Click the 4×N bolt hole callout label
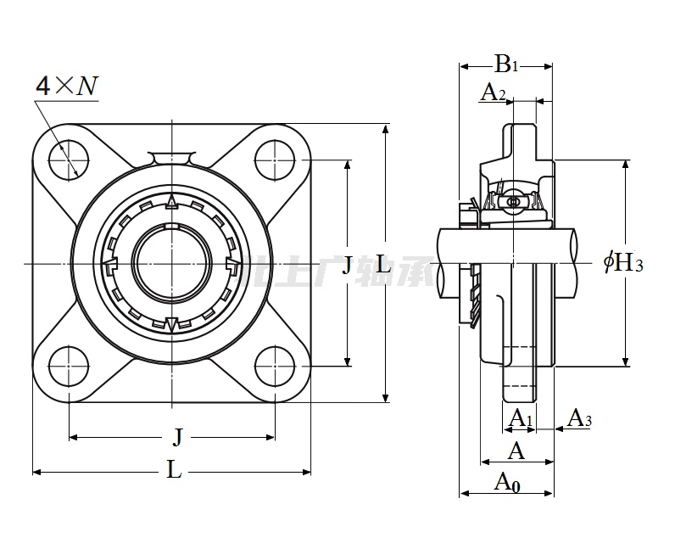point(66,86)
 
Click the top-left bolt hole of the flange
point(69,160)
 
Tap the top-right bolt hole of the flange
point(275,160)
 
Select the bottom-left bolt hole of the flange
point(69,366)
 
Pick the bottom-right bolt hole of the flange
point(275,366)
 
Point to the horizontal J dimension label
point(177,438)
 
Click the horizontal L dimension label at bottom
point(174,470)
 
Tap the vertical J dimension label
point(346,266)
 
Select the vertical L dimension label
point(383,266)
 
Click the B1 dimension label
point(506,64)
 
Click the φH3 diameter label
point(623,264)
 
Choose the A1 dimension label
point(520,417)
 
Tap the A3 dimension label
point(579,417)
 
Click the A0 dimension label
point(507,483)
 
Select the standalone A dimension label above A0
point(516,451)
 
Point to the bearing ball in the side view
point(512,202)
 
